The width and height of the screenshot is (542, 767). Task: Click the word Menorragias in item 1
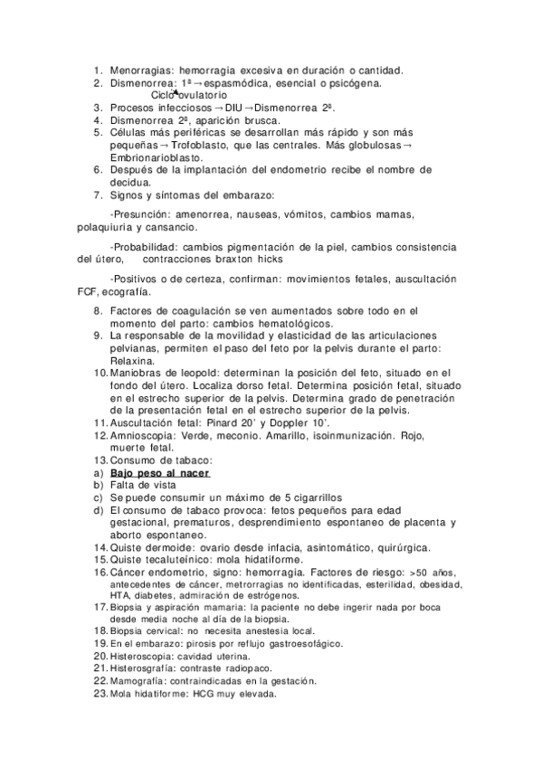pos(142,70)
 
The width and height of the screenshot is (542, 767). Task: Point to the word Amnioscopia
pos(144,435)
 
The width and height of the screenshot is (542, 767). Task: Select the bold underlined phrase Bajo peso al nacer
pos(160,473)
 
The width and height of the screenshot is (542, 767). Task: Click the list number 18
pos(100,630)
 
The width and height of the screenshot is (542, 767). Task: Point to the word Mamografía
pos(140,680)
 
